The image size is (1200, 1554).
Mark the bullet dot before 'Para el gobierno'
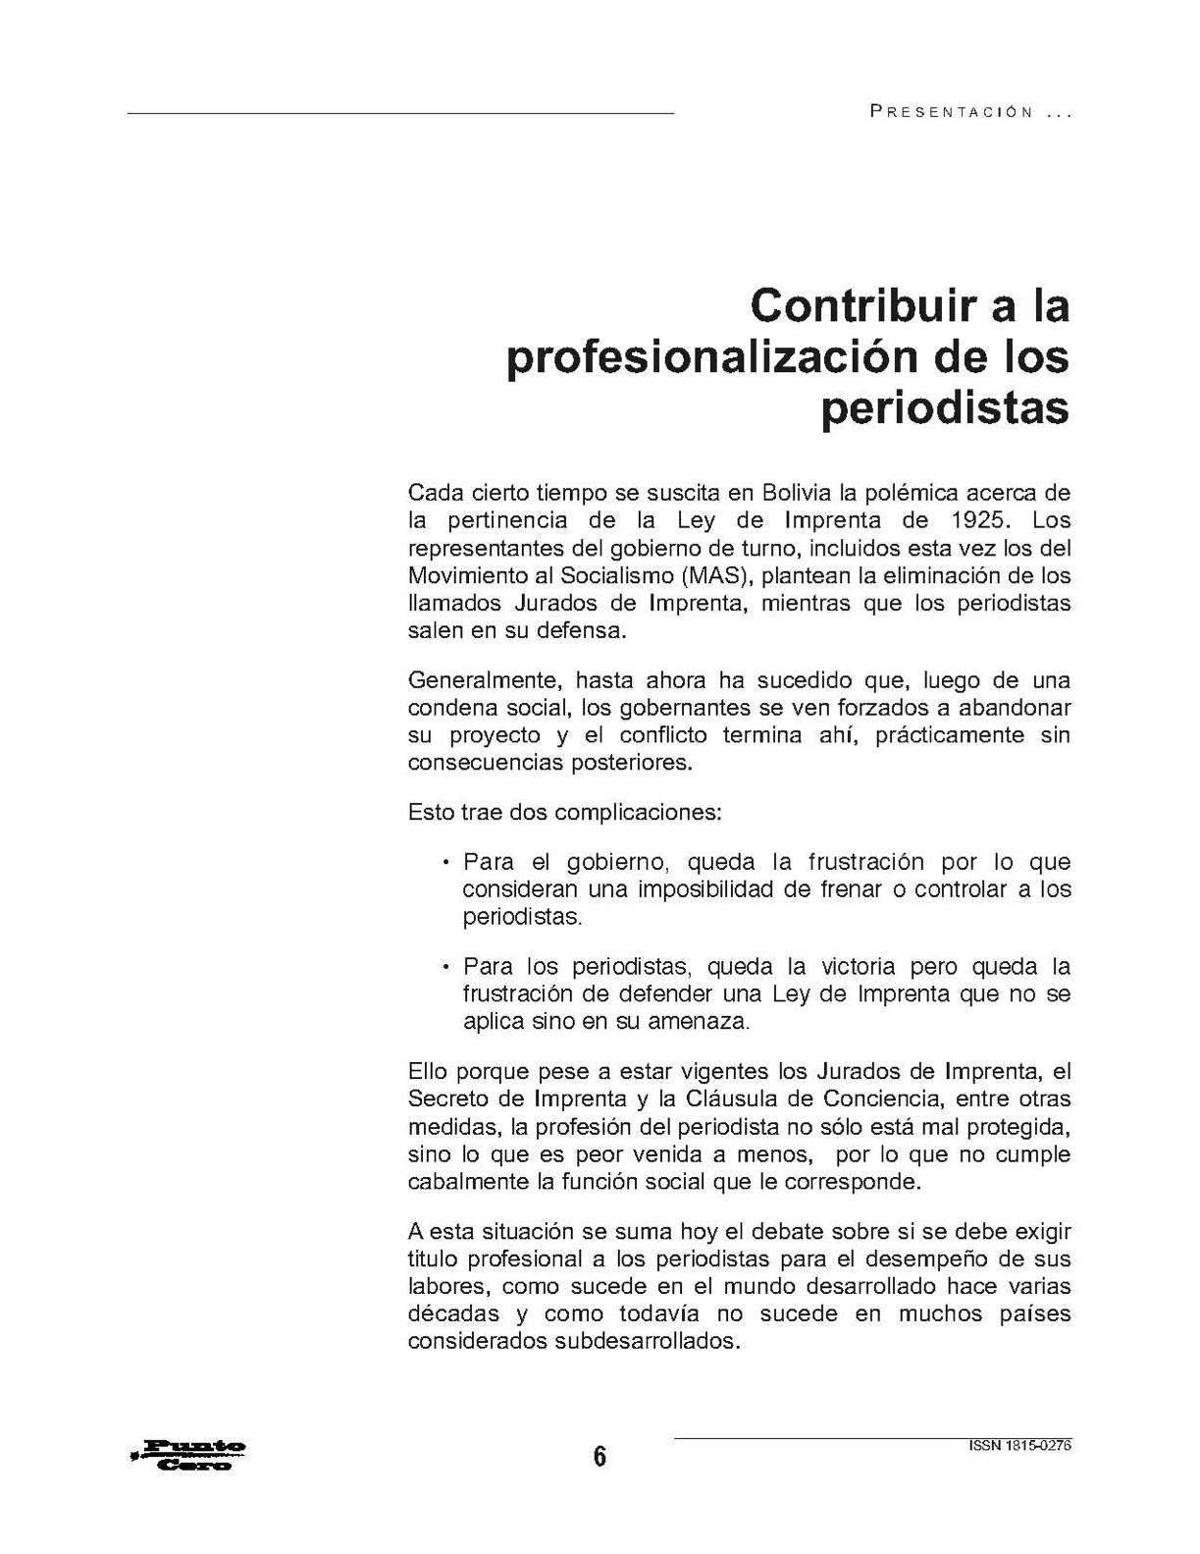(x=445, y=864)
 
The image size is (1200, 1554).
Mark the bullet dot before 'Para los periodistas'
(x=445, y=967)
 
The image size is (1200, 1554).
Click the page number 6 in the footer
(x=600, y=1456)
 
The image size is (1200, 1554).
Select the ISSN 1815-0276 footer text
(x=1019, y=1445)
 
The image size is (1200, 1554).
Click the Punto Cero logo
(x=188, y=1455)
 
